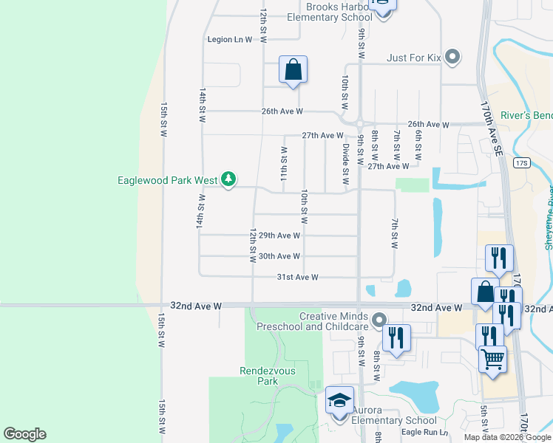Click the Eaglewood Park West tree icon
pos(229,179)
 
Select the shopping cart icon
pos(492,360)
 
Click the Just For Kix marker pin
pos(454,57)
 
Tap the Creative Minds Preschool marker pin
pos(379,320)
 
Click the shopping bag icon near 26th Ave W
pos(293,70)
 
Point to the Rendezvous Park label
pos(259,376)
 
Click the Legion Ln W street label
pos(230,39)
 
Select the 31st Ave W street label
pos(297,277)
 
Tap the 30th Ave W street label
pos(279,256)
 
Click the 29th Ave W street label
pos(279,236)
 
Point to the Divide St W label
pos(345,164)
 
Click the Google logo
pos(24,434)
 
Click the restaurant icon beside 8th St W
pos(396,339)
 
